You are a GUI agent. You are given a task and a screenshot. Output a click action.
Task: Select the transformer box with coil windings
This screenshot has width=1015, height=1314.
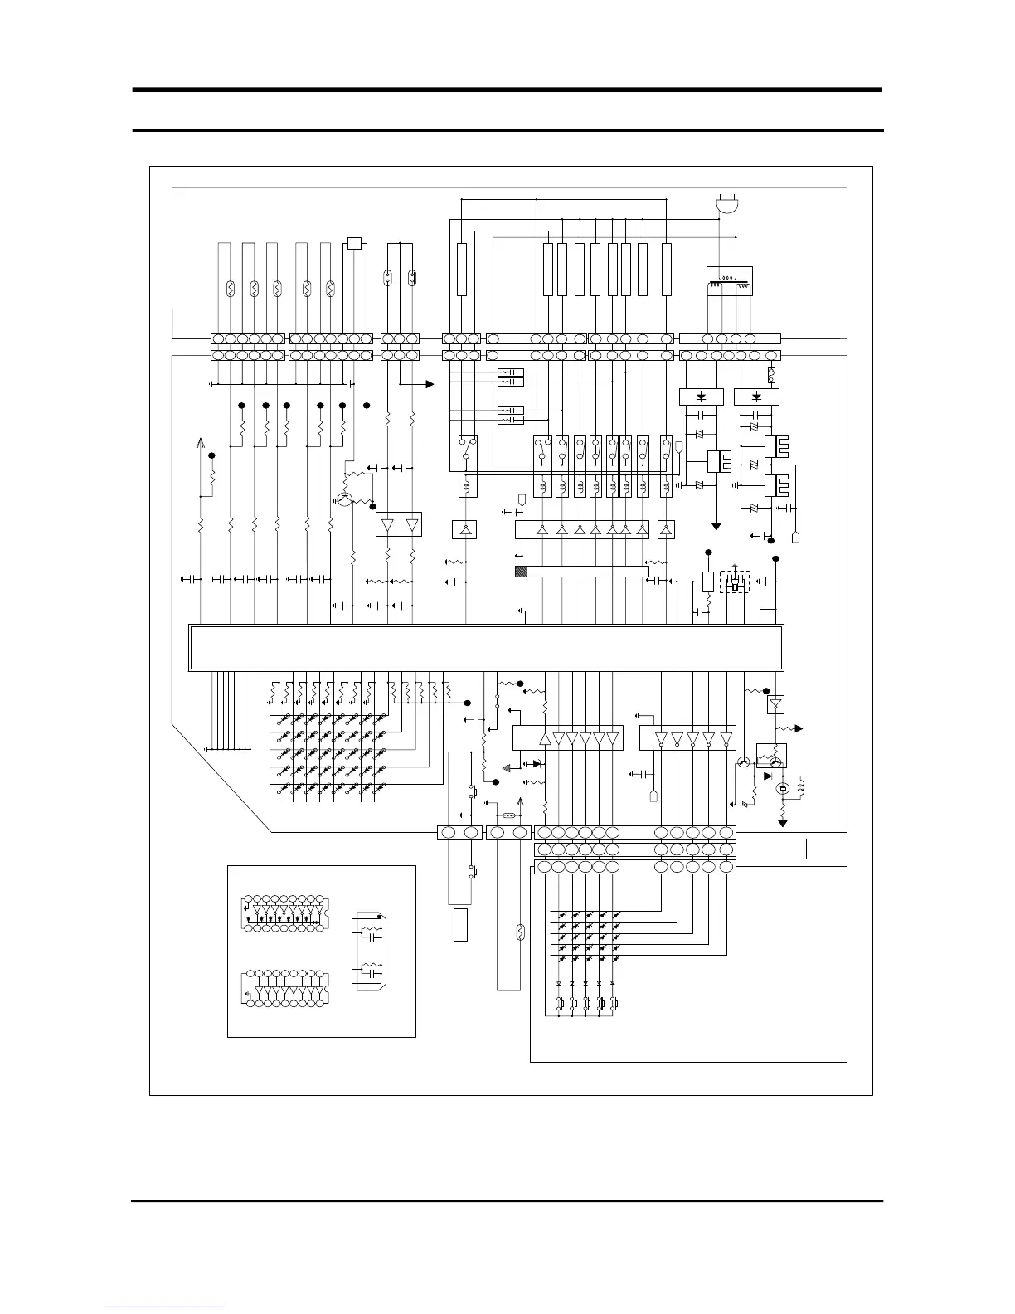click(728, 281)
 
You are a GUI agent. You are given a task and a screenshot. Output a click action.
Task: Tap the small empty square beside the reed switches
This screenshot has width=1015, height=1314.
click(355, 243)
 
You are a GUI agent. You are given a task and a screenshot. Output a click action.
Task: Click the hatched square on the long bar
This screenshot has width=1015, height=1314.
click(521, 571)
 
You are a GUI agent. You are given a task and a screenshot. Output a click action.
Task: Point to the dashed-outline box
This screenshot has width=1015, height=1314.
click(735, 582)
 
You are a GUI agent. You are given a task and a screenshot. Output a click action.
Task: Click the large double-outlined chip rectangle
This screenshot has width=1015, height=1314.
click(487, 647)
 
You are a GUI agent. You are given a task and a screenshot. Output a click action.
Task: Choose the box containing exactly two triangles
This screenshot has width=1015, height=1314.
click(399, 524)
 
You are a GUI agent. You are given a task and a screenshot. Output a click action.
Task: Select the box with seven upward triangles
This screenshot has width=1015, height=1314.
click(581, 529)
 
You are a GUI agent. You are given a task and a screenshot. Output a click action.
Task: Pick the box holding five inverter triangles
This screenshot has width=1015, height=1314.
click(688, 737)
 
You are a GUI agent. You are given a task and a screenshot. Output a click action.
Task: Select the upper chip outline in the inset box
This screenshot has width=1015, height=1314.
click(284, 915)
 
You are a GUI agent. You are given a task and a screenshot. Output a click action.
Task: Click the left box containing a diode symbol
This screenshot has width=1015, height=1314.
click(702, 397)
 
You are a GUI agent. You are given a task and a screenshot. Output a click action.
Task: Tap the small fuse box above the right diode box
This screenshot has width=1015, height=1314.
click(771, 374)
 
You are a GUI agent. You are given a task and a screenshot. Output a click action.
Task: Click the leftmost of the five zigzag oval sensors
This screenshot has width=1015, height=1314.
click(231, 289)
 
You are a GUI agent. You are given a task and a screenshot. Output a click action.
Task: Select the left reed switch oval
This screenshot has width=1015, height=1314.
click(387, 278)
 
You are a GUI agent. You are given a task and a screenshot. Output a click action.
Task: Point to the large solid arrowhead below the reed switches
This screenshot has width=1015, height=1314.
click(429, 384)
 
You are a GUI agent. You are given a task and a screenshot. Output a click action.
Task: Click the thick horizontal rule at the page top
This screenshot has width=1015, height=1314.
click(508, 90)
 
